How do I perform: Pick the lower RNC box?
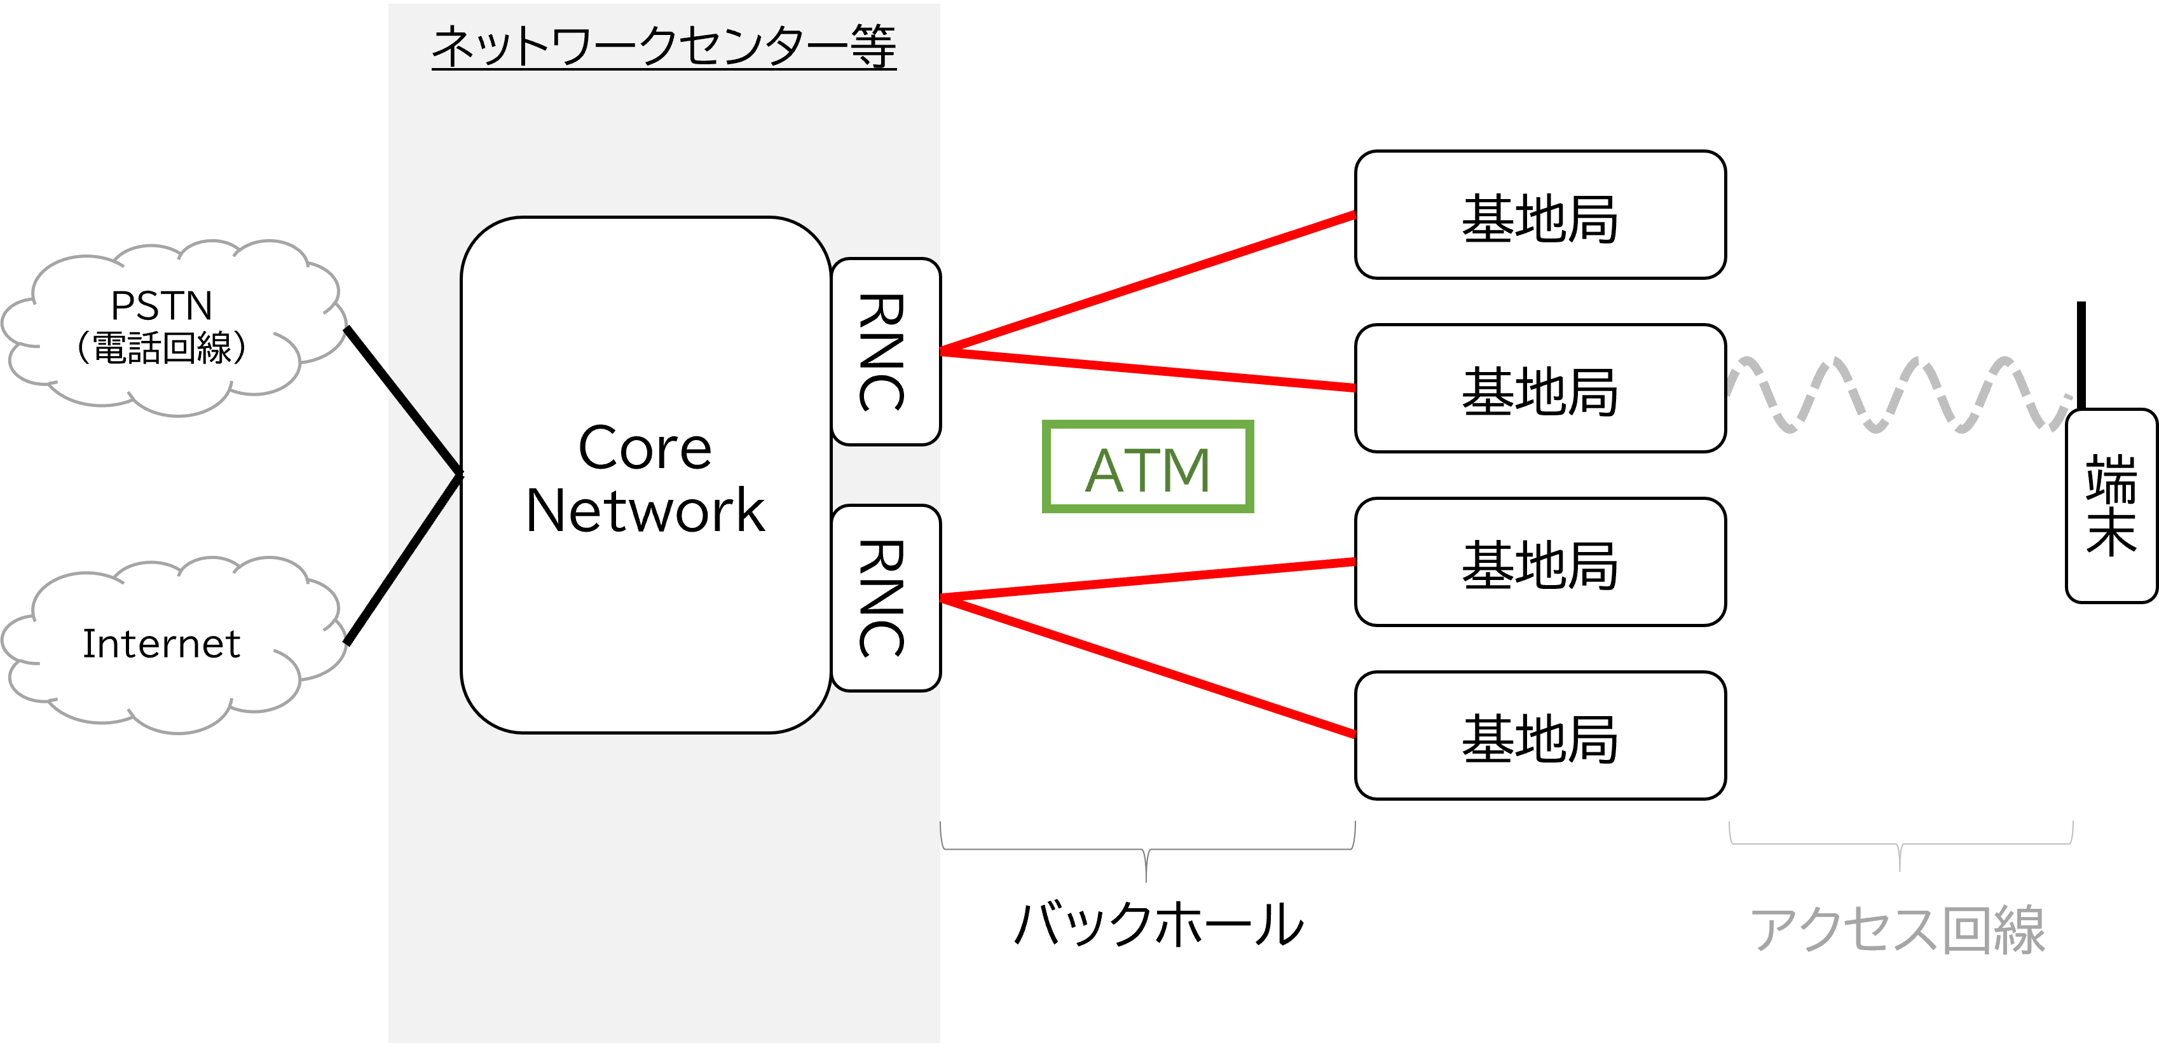[x=884, y=598]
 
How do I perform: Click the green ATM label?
[x=1148, y=467]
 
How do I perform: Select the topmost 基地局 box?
[x=1540, y=214]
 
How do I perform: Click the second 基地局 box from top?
[x=1540, y=388]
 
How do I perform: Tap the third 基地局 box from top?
[x=1540, y=562]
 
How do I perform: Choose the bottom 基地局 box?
[x=1540, y=735]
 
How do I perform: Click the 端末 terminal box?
[x=2111, y=506]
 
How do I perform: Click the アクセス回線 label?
[x=1898, y=930]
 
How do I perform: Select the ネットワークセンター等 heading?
[x=664, y=46]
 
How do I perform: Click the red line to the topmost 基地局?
[x=1148, y=282]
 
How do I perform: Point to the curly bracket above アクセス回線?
[x=1900, y=842]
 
